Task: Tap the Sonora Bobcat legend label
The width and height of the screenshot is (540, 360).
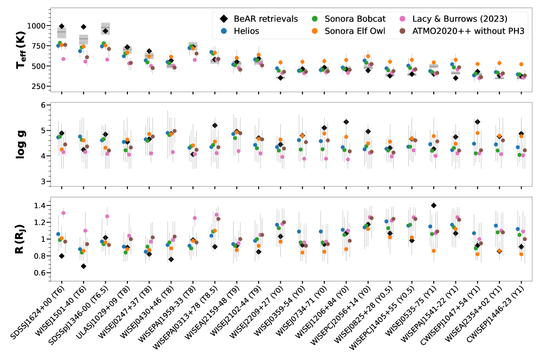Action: point(353,18)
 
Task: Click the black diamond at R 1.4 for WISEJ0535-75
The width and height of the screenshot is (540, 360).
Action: point(434,205)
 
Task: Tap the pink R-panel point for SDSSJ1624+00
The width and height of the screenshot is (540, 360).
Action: point(63,213)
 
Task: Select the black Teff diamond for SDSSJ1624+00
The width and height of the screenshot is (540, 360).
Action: point(62,26)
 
